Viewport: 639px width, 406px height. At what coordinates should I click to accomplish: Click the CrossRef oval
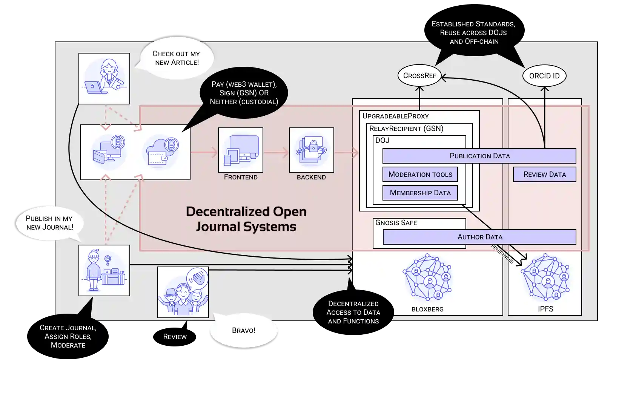click(419, 75)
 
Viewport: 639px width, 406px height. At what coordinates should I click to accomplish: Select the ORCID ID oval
click(544, 76)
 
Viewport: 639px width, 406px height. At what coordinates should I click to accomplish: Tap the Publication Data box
click(479, 156)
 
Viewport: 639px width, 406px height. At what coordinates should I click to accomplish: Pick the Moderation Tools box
click(420, 174)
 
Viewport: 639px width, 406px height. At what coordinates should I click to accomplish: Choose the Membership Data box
click(420, 193)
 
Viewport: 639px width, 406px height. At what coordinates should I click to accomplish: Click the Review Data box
click(544, 174)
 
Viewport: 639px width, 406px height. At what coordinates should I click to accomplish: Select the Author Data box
click(479, 237)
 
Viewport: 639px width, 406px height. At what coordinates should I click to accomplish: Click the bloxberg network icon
click(427, 277)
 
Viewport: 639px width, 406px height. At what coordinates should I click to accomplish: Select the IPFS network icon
click(545, 277)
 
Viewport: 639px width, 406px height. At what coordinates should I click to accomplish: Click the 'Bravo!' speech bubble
click(244, 331)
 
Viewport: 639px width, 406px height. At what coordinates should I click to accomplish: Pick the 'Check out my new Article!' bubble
click(176, 58)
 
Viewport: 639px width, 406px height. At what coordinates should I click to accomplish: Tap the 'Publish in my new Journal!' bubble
click(49, 223)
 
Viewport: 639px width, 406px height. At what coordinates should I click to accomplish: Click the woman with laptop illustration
click(104, 78)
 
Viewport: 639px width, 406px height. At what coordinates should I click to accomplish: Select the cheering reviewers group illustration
click(183, 292)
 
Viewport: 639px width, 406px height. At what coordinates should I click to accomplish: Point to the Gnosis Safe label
click(396, 223)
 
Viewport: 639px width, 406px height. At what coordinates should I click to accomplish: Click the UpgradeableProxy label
click(395, 116)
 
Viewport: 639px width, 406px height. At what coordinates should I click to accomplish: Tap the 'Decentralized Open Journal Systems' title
click(246, 219)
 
